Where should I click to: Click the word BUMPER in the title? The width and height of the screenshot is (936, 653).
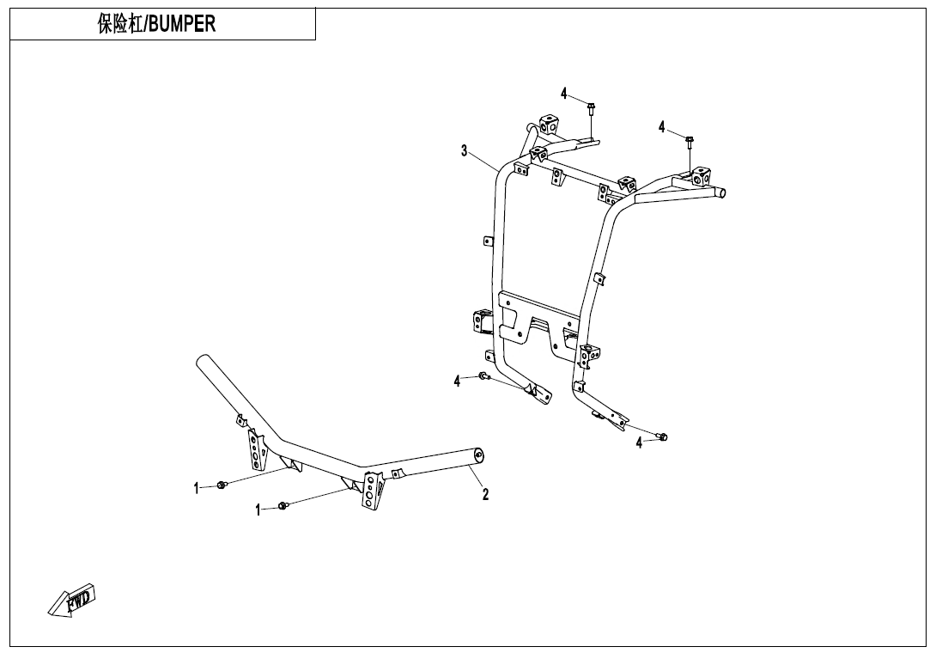coord(182,24)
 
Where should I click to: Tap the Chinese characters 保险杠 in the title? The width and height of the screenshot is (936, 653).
coord(120,24)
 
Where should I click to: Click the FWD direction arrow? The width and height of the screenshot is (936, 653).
coord(71,599)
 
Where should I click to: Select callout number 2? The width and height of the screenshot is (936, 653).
coord(485,495)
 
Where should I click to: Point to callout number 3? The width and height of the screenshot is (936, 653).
coord(464,150)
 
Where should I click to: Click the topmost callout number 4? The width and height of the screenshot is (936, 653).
coord(563,94)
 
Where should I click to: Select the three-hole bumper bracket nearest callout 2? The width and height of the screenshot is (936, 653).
coord(371,491)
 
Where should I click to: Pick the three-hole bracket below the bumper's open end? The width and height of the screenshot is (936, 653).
coord(256,449)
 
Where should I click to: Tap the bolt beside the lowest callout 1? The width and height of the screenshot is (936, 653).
coord(283,507)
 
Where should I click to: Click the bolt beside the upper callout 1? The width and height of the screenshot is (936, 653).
coord(221,485)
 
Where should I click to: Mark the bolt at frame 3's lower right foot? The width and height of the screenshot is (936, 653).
coord(662,437)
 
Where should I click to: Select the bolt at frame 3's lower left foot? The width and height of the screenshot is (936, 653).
coord(483,376)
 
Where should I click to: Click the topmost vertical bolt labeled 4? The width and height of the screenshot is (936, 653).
coord(591,109)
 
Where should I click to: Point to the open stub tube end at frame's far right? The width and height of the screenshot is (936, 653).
coord(722,192)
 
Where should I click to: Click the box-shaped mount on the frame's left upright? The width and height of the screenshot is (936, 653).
coord(483,321)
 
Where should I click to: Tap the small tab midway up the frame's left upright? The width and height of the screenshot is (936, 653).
coord(487,241)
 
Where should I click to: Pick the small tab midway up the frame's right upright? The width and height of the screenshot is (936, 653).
coord(598,278)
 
